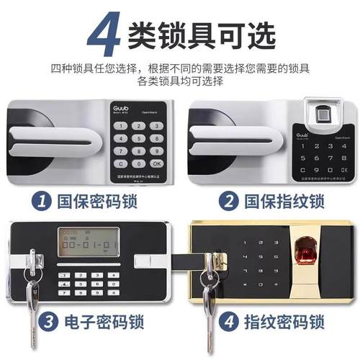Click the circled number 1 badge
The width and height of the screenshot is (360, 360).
(x=44, y=200)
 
